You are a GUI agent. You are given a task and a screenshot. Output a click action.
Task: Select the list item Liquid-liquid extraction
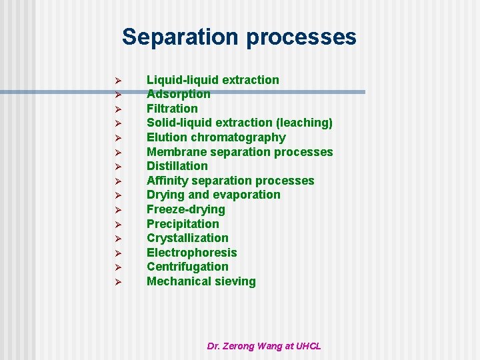213,80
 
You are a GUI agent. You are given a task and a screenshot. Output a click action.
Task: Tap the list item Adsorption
178,94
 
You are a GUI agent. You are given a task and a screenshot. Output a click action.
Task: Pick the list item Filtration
172,109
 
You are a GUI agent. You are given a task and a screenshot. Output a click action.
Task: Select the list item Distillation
177,166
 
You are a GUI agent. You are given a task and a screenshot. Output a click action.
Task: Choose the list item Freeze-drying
186,209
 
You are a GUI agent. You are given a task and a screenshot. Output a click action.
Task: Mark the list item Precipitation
183,224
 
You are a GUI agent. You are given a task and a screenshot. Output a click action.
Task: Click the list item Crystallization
187,238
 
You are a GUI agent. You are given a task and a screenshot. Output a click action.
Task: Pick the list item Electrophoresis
191,253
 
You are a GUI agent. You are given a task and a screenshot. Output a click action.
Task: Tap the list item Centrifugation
187,267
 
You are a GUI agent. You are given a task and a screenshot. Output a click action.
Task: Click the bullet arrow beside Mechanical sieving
116,282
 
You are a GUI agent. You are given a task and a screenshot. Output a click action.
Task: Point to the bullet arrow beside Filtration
116,109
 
